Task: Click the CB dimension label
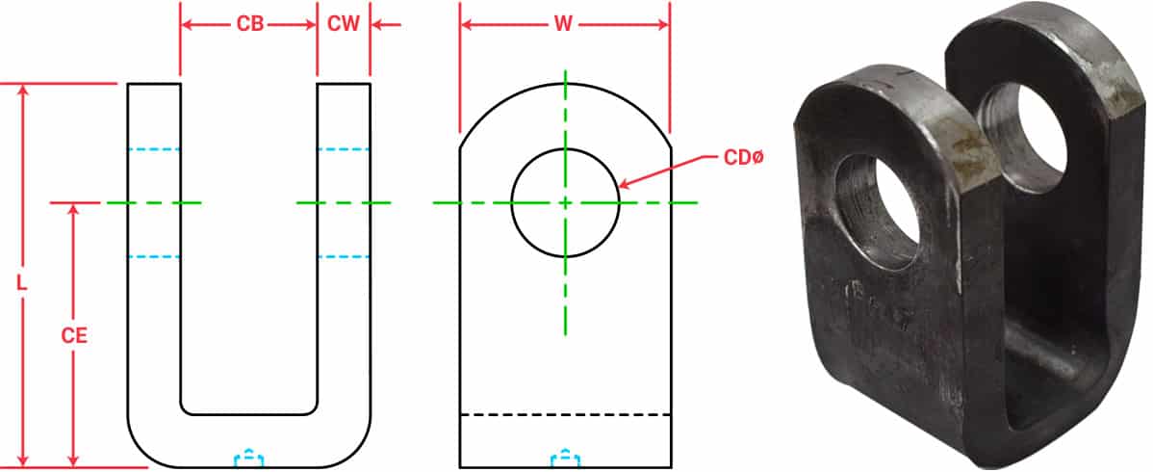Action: (249, 24)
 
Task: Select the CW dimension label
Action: (344, 24)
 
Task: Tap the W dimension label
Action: (564, 24)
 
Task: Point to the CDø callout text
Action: (742, 157)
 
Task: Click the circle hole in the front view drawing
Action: (565, 173)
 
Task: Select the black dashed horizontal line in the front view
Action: (565, 414)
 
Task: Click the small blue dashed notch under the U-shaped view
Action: (249, 458)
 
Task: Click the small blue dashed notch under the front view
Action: (565, 458)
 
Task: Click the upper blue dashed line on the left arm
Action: (154, 149)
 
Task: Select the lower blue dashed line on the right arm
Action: (344, 257)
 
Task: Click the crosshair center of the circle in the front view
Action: (565, 202)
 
